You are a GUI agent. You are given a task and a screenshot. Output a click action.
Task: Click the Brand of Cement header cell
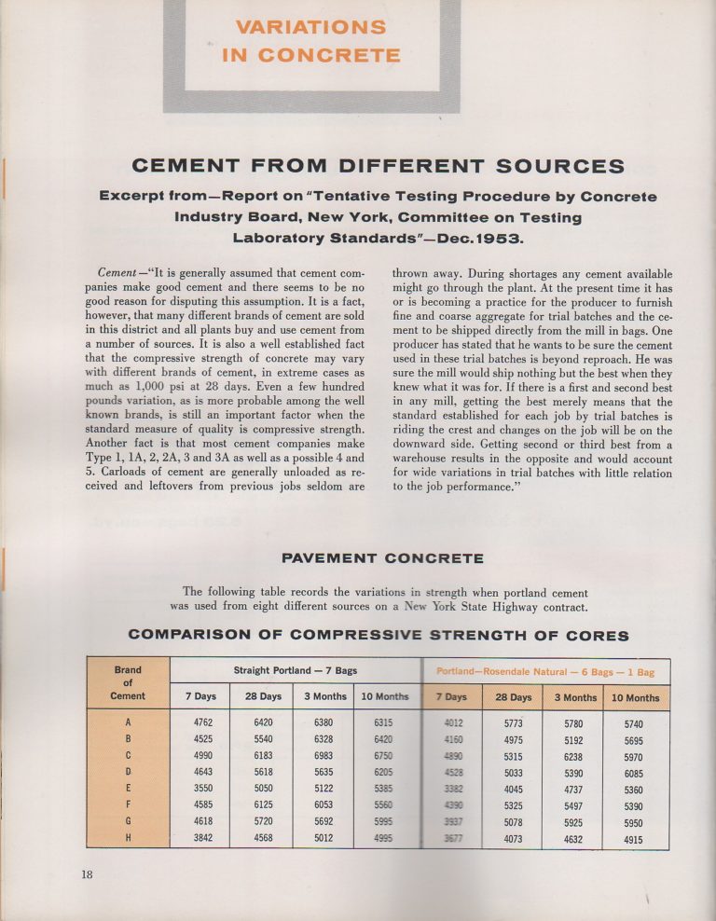click(128, 683)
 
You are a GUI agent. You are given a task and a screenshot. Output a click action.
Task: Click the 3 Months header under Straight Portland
click(325, 696)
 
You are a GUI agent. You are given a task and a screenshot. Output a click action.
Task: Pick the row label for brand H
click(128, 839)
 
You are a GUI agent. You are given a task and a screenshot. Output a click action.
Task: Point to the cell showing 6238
click(574, 756)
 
